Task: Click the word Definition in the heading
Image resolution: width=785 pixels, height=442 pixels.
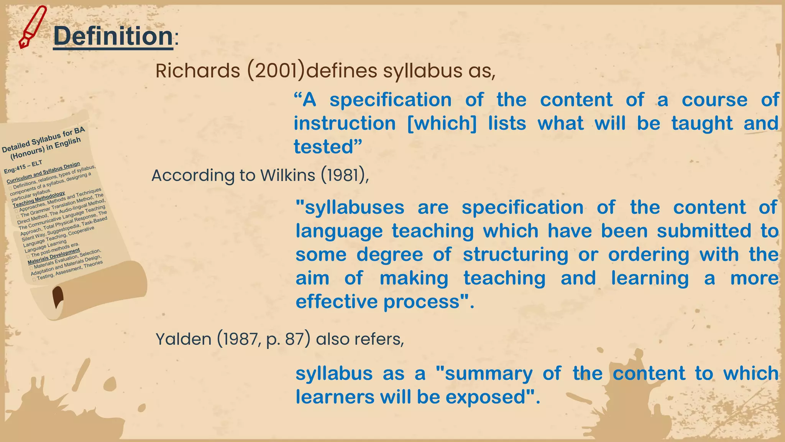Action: click(113, 36)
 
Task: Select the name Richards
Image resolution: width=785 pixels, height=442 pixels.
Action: click(198, 71)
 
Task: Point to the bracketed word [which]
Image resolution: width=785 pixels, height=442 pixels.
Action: click(442, 124)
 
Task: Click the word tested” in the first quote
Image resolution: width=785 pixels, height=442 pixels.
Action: click(328, 147)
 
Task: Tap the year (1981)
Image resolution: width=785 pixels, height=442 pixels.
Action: click(345, 175)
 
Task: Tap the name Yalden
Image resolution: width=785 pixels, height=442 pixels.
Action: click(183, 339)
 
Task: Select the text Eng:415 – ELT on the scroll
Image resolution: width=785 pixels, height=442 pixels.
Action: click(23, 167)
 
